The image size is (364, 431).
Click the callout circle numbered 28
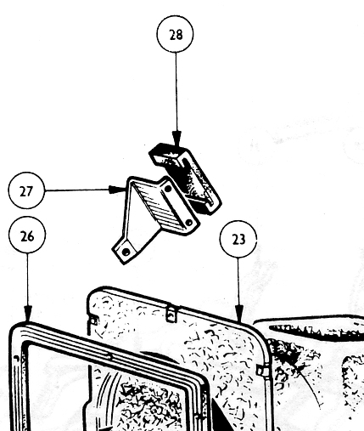176,34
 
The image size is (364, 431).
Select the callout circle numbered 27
26,190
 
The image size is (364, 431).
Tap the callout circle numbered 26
27,235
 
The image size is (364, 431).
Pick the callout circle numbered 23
238,239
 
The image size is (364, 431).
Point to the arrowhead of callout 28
177,139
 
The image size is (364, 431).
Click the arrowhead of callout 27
117,190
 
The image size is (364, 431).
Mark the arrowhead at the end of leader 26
28,314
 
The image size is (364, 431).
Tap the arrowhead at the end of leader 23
239,314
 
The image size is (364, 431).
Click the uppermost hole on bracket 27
168,189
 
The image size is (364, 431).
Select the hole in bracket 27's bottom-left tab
126,251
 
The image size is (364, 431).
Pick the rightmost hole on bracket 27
189,223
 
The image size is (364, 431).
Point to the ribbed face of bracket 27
158,206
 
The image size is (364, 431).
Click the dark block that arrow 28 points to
185,179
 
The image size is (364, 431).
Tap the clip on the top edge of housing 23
171,314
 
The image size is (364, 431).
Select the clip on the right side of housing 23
260,371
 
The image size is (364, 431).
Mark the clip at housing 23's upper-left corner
93,320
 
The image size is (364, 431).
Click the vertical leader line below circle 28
176,92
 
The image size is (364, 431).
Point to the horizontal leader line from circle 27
77,190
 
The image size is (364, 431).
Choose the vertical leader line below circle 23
238,281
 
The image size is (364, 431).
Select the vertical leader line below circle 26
27,280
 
